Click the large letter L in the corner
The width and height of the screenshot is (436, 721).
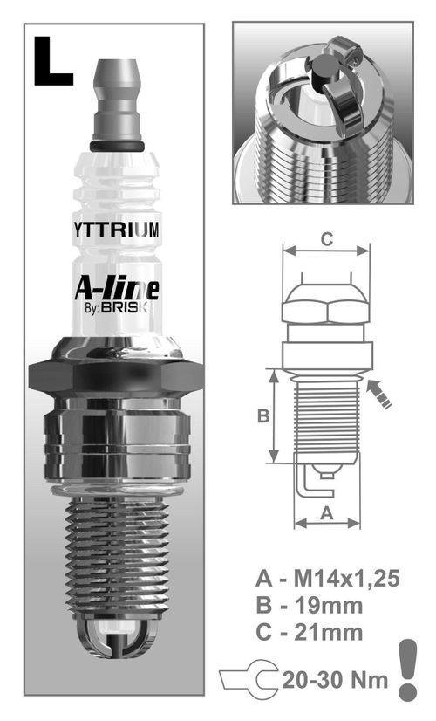pos(53,61)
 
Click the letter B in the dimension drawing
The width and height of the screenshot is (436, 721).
pos(262,416)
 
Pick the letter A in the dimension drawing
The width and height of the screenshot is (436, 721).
pos(327,513)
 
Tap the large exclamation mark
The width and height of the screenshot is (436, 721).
pos(408,668)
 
